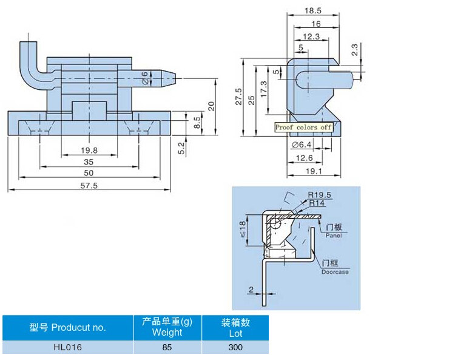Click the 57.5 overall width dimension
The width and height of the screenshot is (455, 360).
89,186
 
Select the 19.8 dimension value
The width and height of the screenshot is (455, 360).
89,150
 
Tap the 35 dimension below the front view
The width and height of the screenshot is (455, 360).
89,162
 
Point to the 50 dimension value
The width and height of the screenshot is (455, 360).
89,173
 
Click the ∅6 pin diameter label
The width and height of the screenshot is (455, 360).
144,77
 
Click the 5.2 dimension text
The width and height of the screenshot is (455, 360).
181,148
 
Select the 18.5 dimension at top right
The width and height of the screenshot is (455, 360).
314,11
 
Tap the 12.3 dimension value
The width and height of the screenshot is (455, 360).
310,36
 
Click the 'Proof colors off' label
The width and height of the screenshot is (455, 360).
303,127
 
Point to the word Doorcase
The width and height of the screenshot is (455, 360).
335,271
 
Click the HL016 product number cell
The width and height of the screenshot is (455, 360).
67,347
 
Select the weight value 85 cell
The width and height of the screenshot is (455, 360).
167,347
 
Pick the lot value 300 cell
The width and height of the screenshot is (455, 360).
235,347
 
